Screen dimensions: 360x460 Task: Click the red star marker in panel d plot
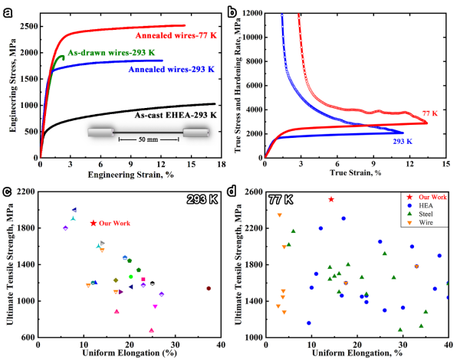click(x=330, y=199)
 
